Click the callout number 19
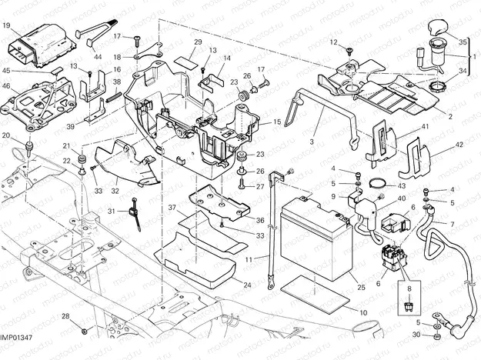pyautogui.click(x=6, y=25)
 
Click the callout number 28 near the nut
pyautogui.click(x=66, y=316)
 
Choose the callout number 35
pyautogui.click(x=462, y=41)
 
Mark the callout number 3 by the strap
pyautogui.click(x=313, y=142)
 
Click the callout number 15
pyautogui.click(x=276, y=122)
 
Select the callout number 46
pyautogui.click(x=6, y=87)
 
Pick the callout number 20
pyautogui.click(x=6, y=136)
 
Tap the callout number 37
pyautogui.click(x=172, y=207)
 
